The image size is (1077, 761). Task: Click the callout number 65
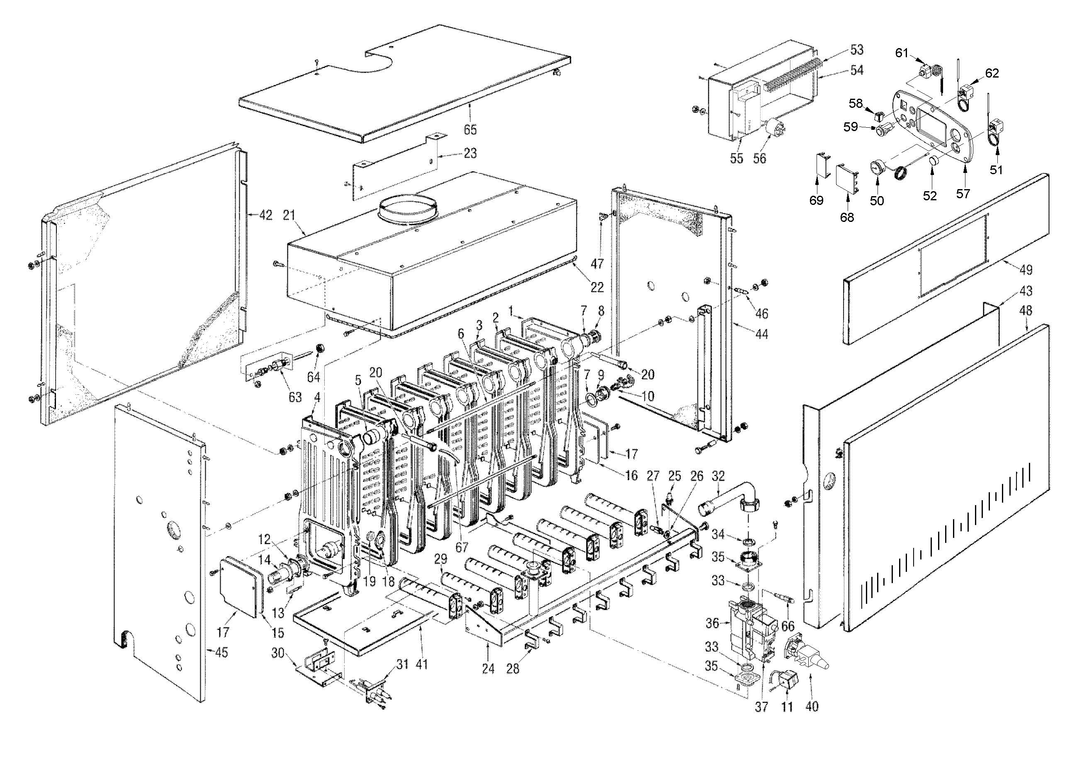(x=470, y=129)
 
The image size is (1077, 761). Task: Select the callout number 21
(x=289, y=215)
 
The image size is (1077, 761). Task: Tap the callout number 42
(x=265, y=215)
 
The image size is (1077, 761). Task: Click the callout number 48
(x=1026, y=311)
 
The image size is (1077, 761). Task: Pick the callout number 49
(x=1026, y=270)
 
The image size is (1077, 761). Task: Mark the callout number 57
(x=963, y=194)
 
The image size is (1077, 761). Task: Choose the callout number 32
(x=718, y=476)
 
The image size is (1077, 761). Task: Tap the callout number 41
(x=422, y=665)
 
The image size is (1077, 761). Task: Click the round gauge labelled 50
(x=876, y=168)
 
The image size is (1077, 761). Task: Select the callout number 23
(x=470, y=153)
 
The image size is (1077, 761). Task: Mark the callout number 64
(x=314, y=377)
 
